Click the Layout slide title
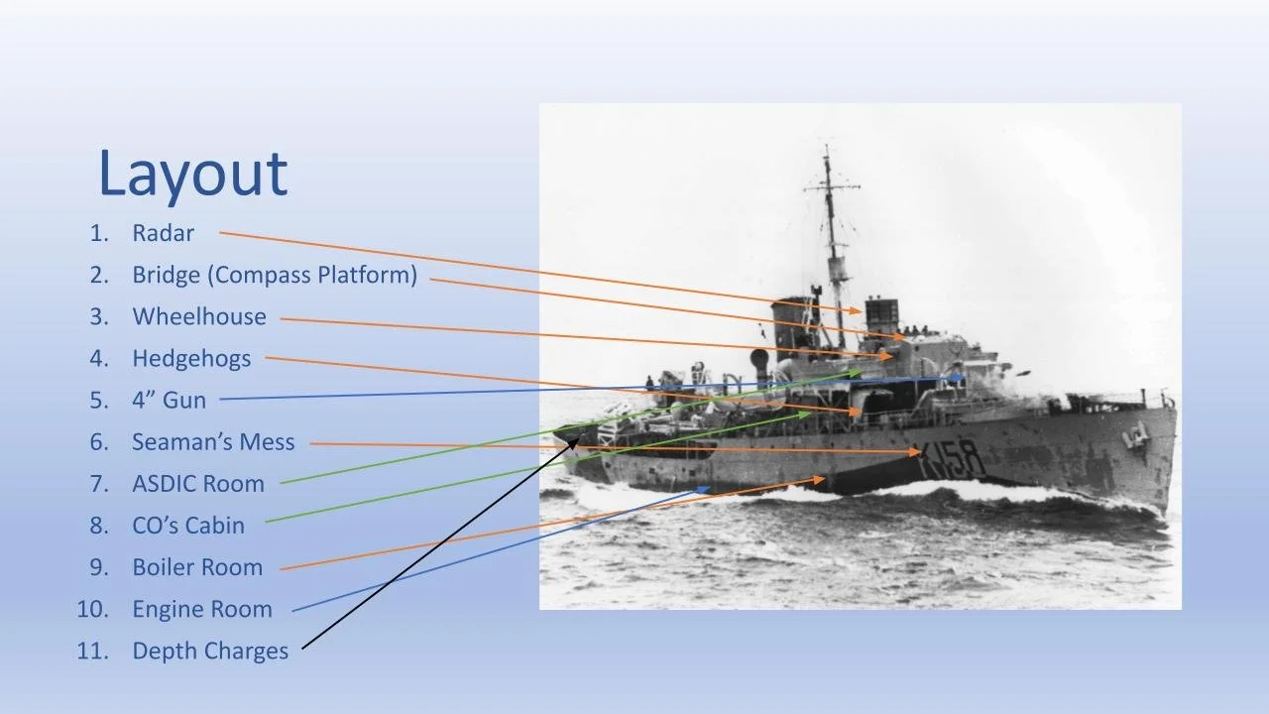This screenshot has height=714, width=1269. [192, 174]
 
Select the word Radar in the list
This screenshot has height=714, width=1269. [163, 233]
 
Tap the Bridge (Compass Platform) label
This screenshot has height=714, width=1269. [275, 275]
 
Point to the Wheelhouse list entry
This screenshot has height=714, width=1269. [199, 316]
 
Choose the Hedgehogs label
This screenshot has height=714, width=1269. [191, 359]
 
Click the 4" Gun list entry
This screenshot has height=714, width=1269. [169, 401]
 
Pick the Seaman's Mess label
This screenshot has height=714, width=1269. [213, 442]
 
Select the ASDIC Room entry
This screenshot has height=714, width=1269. [198, 484]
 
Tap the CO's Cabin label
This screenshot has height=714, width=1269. [188, 526]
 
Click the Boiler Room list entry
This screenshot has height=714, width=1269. [197, 567]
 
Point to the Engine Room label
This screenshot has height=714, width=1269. [201, 609]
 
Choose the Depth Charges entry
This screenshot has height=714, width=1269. [210, 652]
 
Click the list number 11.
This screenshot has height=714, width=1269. [91, 652]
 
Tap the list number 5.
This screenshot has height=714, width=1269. [98, 401]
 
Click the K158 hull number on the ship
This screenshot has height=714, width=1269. [953, 458]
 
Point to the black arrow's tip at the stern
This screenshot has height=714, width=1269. [578, 439]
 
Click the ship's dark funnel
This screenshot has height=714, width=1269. [793, 327]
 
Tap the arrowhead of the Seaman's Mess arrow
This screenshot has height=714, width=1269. [920, 452]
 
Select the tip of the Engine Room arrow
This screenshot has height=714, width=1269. [709, 488]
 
